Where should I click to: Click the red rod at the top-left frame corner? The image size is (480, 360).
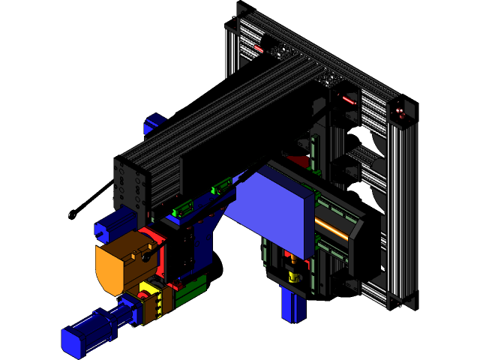coord(259,49)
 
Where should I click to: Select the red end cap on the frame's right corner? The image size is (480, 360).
coord(400,114)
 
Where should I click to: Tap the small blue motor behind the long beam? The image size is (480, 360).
coord(155,123)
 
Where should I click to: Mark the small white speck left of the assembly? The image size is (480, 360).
coord(72,215)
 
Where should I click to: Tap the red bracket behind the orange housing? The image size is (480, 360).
coord(155,238)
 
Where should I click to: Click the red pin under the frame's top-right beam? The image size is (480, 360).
coord(347,98)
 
